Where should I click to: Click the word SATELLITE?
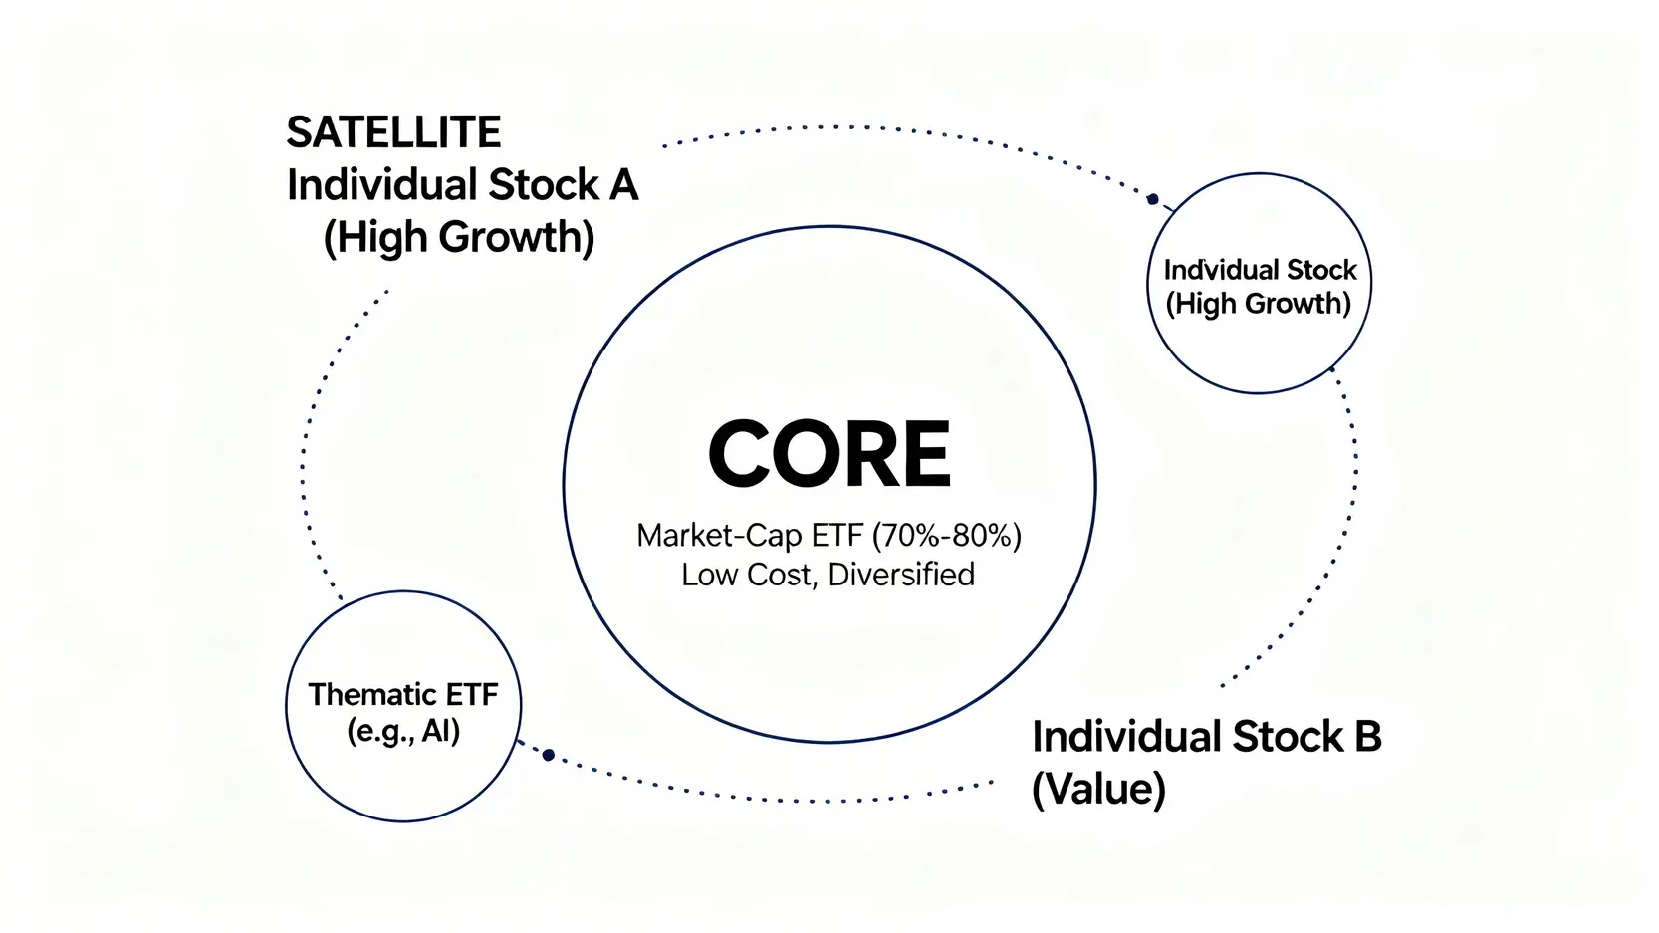[x=393, y=132]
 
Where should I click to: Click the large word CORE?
[x=829, y=454]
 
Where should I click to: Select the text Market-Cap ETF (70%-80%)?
[x=829, y=536]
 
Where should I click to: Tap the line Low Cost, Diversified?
[x=828, y=575]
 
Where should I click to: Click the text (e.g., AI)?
[x=403, y=732]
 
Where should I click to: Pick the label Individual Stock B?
[x=1206, y=737]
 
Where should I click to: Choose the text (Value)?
[x=1098, y=790]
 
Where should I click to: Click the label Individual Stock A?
[x=462, y=185]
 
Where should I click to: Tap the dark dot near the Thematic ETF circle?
[x=548, y=755]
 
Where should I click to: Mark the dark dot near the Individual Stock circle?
[x=1152, y=199]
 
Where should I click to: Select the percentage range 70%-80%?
[x=946, y=536]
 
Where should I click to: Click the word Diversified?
[x=901, y=575]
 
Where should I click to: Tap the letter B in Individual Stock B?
[x=1367, y=737]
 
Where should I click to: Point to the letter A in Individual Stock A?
[x=623, y=185]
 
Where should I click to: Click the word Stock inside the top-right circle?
[x=1321, y=270]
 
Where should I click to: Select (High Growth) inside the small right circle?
[x=1259, y=304]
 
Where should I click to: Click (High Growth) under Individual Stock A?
[x=459, y=237]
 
